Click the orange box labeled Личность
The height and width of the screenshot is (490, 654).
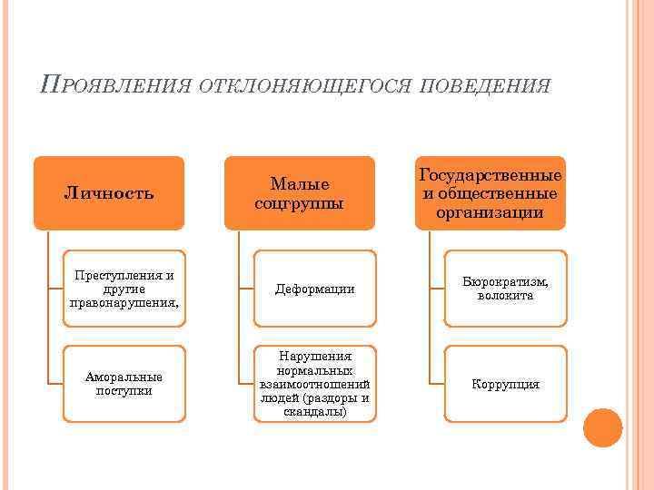109,192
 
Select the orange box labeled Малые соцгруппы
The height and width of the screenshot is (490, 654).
300,192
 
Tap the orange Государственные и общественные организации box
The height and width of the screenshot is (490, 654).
490,192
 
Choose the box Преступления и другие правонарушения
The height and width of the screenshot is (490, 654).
124,289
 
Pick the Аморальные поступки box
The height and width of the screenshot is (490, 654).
124,384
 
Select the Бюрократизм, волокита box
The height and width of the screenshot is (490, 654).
505,289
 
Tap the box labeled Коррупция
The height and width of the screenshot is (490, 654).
505,384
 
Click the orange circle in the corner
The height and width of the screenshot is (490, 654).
602,428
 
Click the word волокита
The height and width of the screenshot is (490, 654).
505,296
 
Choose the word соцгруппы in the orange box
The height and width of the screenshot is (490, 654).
300,202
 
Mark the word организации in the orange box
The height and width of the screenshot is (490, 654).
490,213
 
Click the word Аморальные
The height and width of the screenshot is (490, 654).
124,377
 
